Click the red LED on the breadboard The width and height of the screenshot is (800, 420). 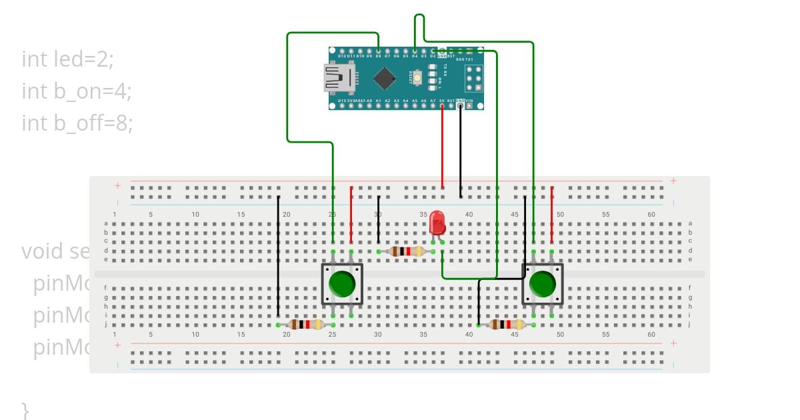click(437, 222)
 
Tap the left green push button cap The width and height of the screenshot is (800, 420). click(342, 284)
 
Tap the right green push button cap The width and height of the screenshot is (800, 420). click(542, 284)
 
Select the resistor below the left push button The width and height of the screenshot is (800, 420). click(306, 325)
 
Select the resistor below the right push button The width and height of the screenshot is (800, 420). click(506, 325)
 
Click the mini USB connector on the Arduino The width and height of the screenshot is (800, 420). click(338, 78)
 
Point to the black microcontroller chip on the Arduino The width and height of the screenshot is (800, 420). click(385, 78)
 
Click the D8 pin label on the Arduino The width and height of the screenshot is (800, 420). click(378, 57)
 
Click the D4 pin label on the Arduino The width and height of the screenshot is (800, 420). click(415, 57)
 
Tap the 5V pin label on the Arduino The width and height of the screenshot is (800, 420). click(442, 101)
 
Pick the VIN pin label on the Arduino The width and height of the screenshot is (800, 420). click(469, 101)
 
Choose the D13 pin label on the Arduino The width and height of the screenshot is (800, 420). click(341, 101)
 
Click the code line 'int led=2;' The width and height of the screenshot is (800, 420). click(68, 59)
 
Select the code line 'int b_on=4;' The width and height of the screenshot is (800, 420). click(76, 91)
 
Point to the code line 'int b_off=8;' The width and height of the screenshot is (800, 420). click(77, 123)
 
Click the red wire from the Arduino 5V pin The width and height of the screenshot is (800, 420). click(442, 147)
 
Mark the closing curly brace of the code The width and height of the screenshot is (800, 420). click(25, 409)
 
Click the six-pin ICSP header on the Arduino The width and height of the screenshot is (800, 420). click(472, 79)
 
